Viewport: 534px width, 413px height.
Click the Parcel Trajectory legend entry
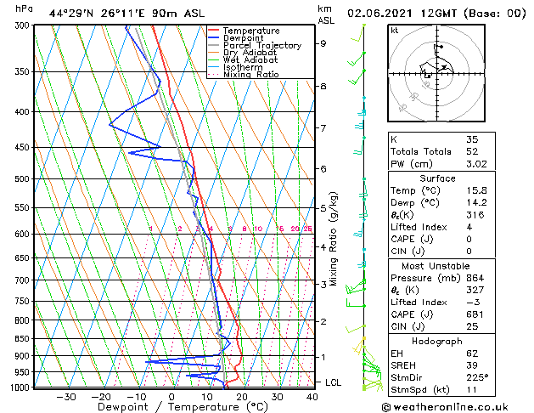click(261, 46)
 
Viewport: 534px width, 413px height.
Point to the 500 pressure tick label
click(23, 179)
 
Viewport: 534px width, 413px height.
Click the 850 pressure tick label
click(23, 338)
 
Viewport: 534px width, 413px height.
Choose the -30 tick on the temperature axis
click(66, 397)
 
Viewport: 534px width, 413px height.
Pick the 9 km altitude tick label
click(323, 43)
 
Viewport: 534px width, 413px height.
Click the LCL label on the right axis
click(333, 382)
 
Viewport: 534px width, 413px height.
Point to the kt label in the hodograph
click(395, 30)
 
